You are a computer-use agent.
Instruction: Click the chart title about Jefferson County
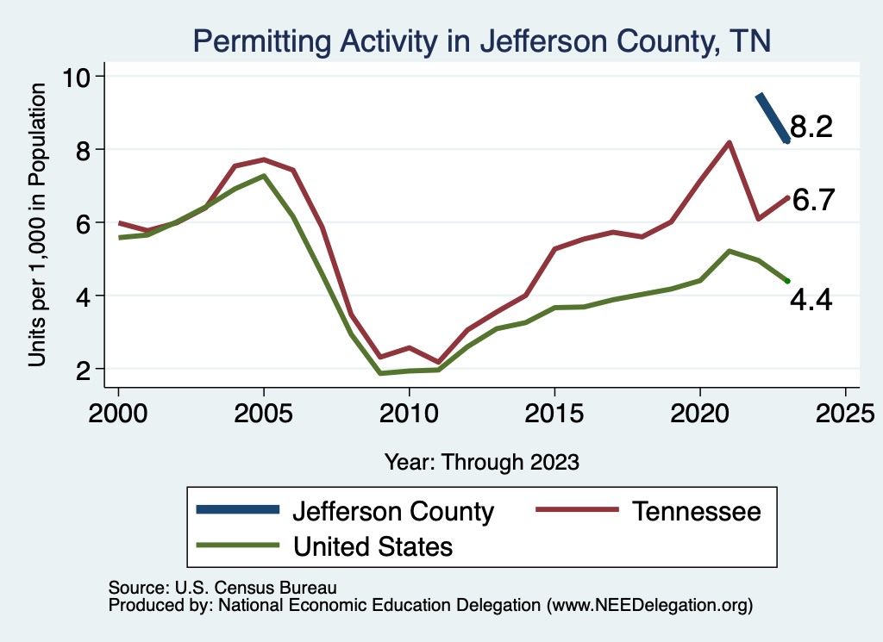pos(481,40)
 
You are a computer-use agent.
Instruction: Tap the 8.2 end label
pos(811,128)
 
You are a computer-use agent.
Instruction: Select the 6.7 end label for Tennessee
pos(813,200)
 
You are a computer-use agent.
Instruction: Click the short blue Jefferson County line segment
pos(772,118)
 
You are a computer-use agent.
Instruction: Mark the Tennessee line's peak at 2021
pos(730,143)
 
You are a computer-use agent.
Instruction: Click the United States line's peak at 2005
pos(264,176)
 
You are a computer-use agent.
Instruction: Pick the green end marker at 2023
pos(787,281)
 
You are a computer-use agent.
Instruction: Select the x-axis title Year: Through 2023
pos(481,462)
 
